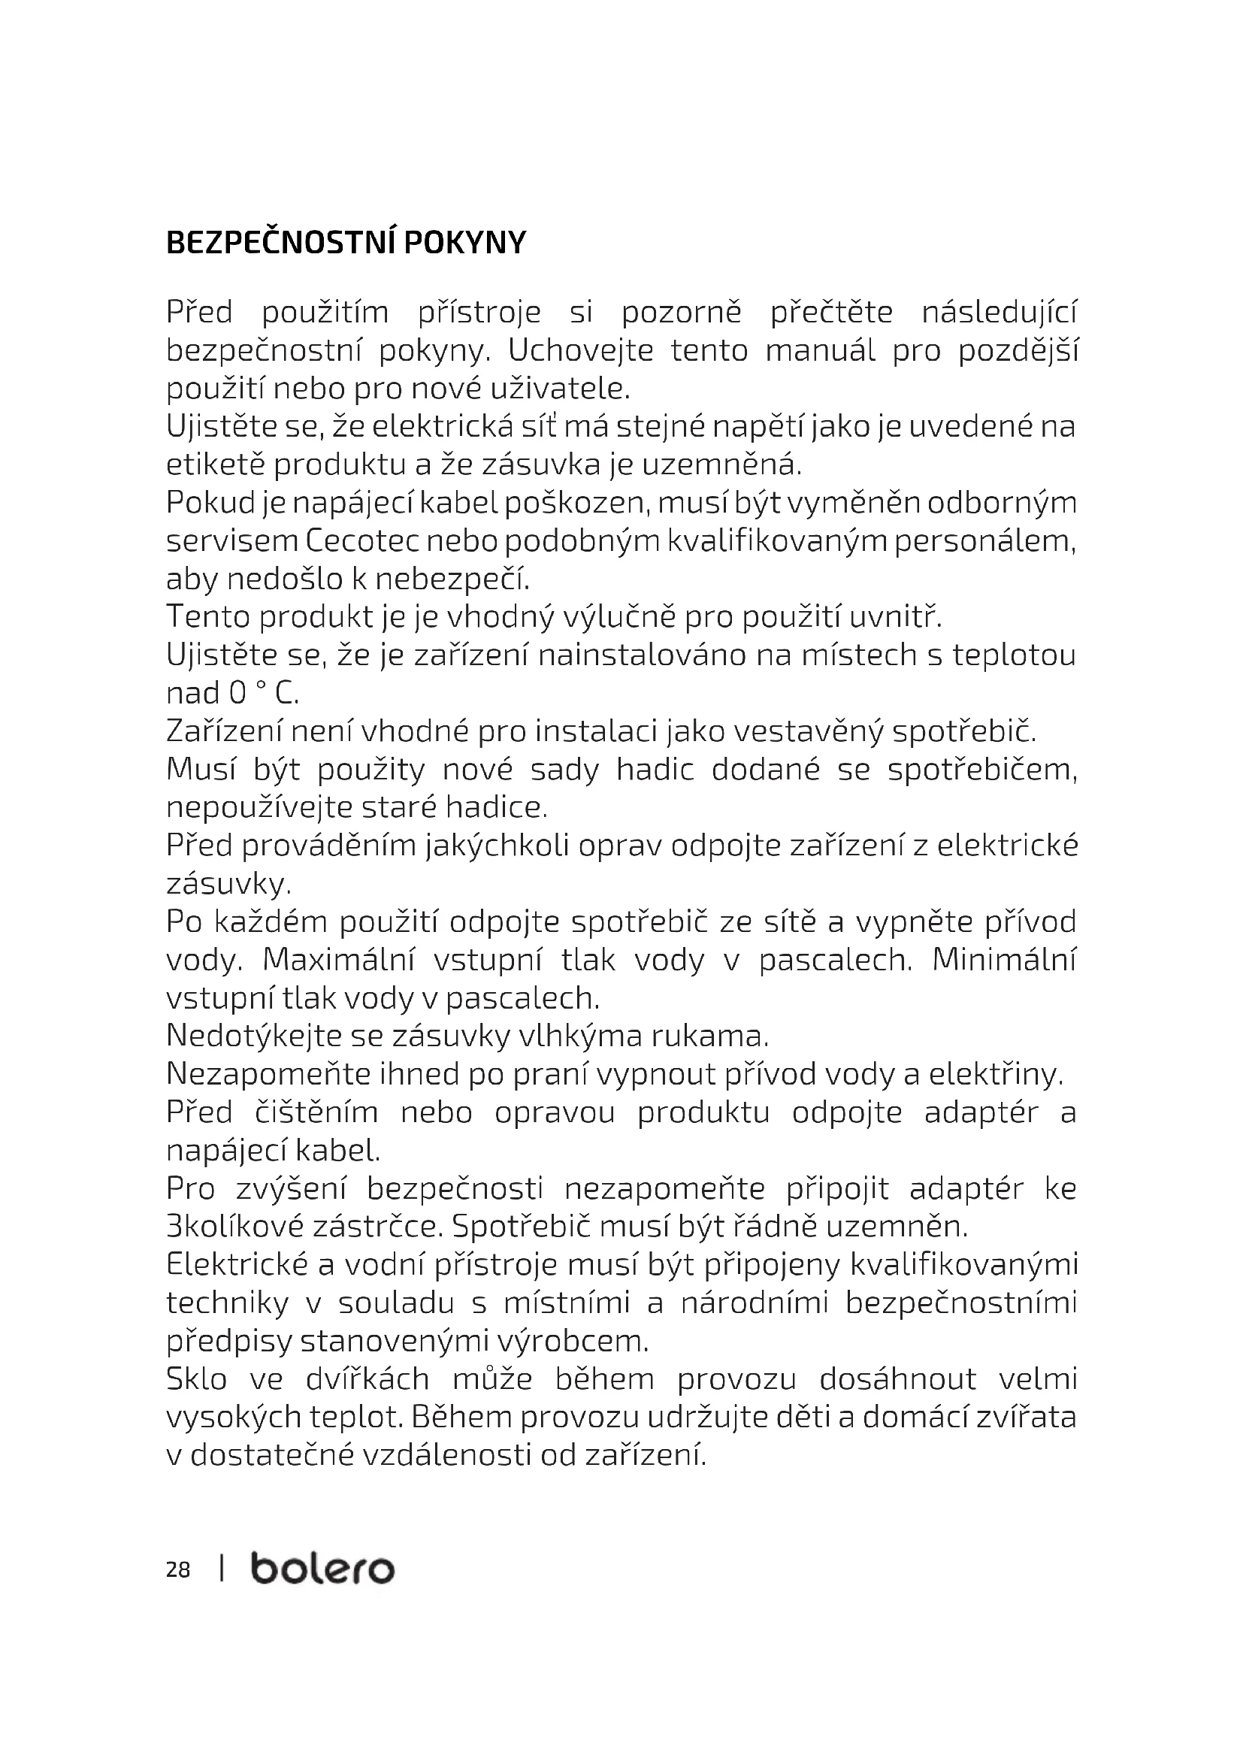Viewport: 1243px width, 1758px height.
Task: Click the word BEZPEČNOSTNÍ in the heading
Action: pos(281,243)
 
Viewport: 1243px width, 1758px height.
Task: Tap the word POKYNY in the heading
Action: pos(464,243)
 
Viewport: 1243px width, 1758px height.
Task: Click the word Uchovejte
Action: pos(581,351)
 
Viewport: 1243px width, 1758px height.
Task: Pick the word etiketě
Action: pos(215,464)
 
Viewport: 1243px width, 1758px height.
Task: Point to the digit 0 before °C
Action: pos(237,694)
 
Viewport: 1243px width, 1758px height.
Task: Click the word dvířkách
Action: pos(367,1380)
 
